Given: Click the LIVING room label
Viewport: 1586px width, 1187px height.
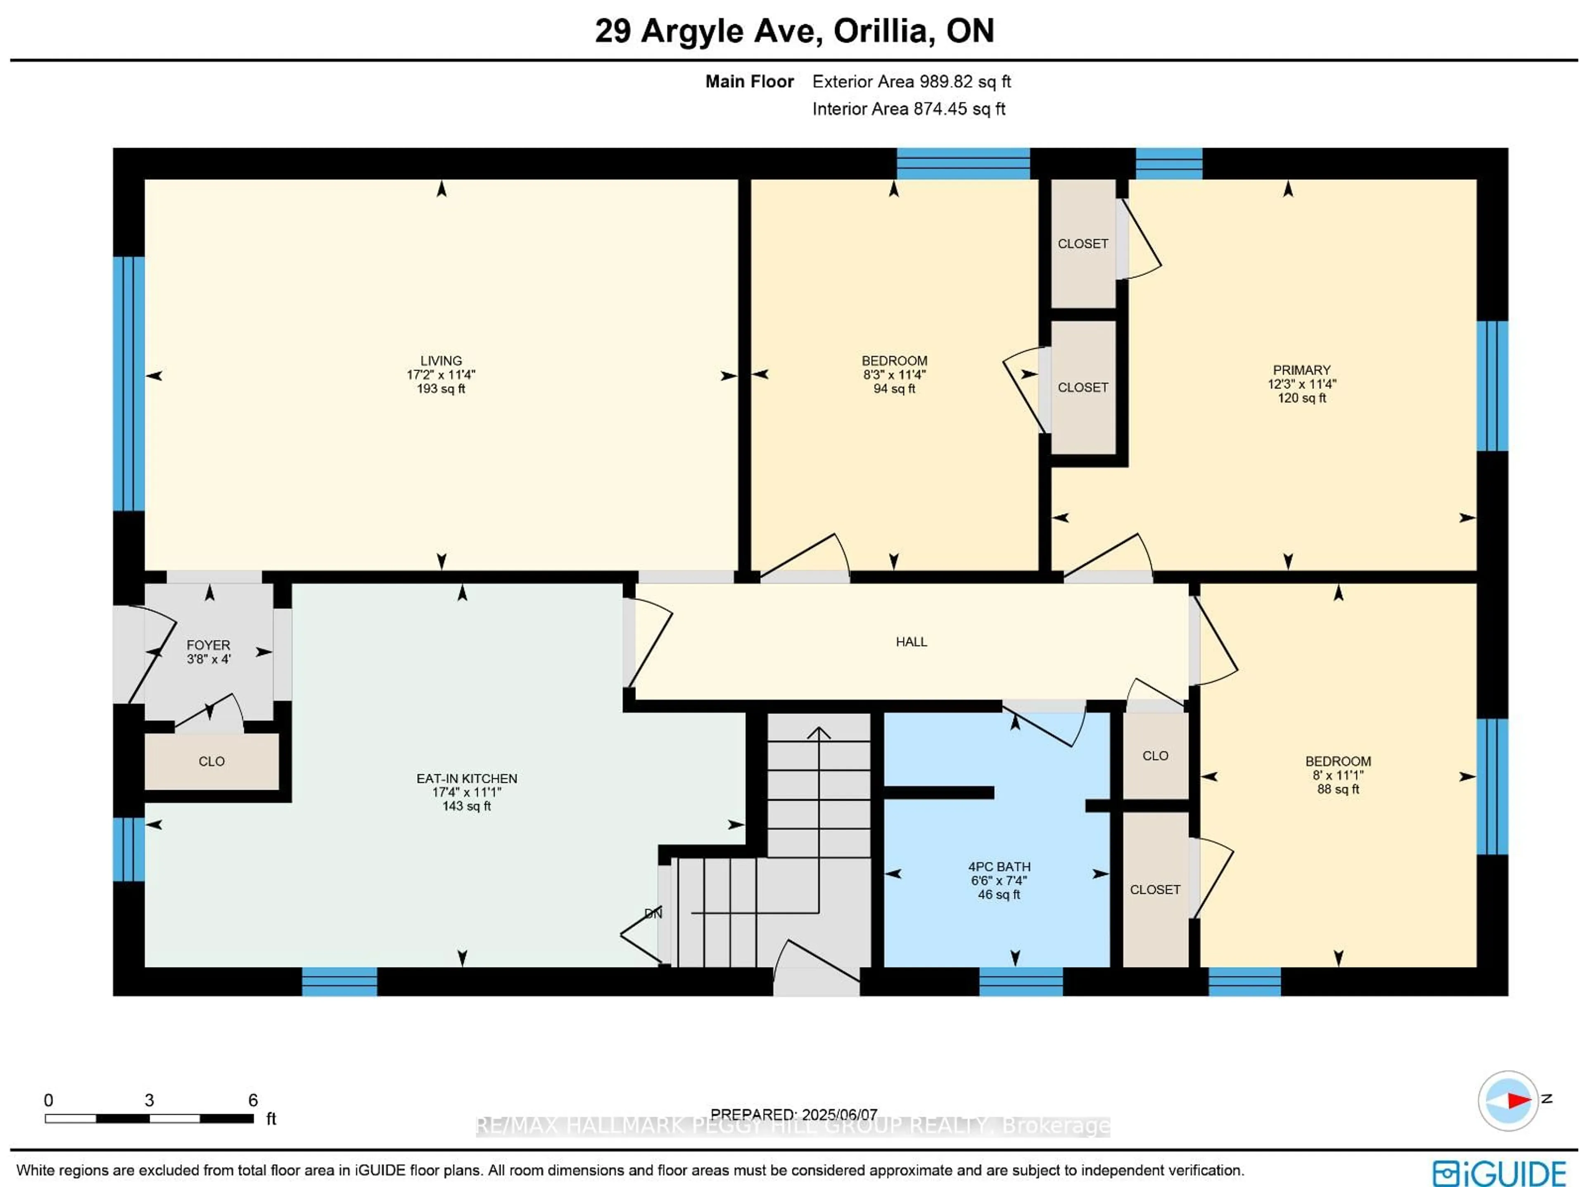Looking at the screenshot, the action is click(441, 360).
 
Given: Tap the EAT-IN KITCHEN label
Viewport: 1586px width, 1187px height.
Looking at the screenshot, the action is click(467, 778).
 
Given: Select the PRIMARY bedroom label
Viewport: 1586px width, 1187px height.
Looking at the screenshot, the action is click(1301, 370).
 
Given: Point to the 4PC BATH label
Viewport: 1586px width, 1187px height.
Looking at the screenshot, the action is click(999, 867).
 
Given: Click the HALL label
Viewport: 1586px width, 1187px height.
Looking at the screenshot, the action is click(911, 642).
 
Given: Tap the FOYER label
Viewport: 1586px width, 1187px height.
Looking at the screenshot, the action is click(208, 645).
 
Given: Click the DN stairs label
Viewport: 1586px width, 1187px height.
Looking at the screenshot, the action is click(653, 913).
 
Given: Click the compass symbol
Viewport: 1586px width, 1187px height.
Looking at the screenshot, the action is click(1508, 1100).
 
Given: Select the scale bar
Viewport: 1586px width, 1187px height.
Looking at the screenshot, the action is click(149, 1118).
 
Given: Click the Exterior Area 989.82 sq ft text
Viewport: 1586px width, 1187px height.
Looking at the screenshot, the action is click(911, 82).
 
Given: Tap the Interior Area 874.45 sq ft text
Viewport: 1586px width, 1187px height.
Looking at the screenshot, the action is click(908, 109).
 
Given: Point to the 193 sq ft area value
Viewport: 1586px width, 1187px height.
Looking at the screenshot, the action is click(441, 389).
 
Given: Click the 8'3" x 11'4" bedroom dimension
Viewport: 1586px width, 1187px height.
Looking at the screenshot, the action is click(894, 374).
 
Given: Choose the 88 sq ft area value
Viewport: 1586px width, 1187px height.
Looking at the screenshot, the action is click(1338, 789).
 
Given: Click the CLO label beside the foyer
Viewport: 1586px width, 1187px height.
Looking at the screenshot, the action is click(211, 761).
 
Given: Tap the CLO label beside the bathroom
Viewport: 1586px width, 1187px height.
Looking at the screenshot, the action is click(1155, 756).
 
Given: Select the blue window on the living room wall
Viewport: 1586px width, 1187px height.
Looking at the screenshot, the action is click(129, 384).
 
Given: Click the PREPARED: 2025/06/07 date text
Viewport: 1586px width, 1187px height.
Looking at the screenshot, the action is click(794, 1115).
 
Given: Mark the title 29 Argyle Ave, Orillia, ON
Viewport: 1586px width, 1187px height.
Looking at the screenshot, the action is click(794, 31).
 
